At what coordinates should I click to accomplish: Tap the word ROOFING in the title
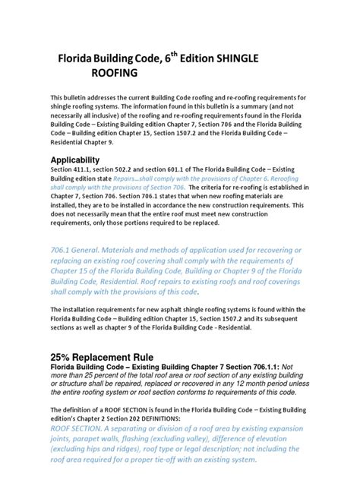pos(115,74)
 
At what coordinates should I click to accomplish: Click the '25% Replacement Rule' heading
pos(102,357)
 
